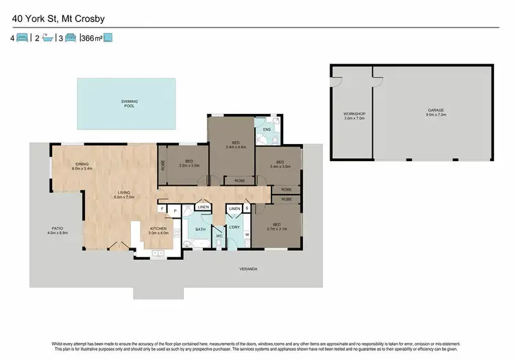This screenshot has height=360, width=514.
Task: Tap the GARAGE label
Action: point(437,113)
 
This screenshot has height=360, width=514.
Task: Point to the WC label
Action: point(220,236)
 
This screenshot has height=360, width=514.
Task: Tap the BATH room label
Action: point(200,229)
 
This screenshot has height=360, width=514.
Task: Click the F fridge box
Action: point(162,208)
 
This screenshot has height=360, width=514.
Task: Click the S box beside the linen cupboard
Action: point(247,207)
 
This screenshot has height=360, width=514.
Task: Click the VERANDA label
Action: point(248,269)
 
